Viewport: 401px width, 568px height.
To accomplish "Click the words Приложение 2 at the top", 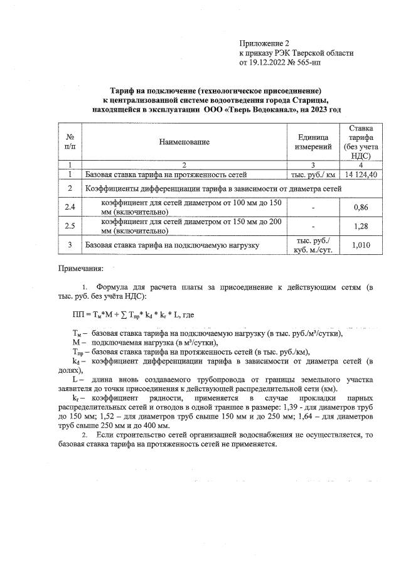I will pyautogui.click(x=263, y=43).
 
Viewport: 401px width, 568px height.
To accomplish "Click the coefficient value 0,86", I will pyautogui.click(x=360, y=206).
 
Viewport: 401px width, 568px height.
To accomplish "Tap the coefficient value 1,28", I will pyautogui.click(x=360, y=226).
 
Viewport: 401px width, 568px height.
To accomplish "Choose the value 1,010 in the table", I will pyautogui.click(x=360, y=245).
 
